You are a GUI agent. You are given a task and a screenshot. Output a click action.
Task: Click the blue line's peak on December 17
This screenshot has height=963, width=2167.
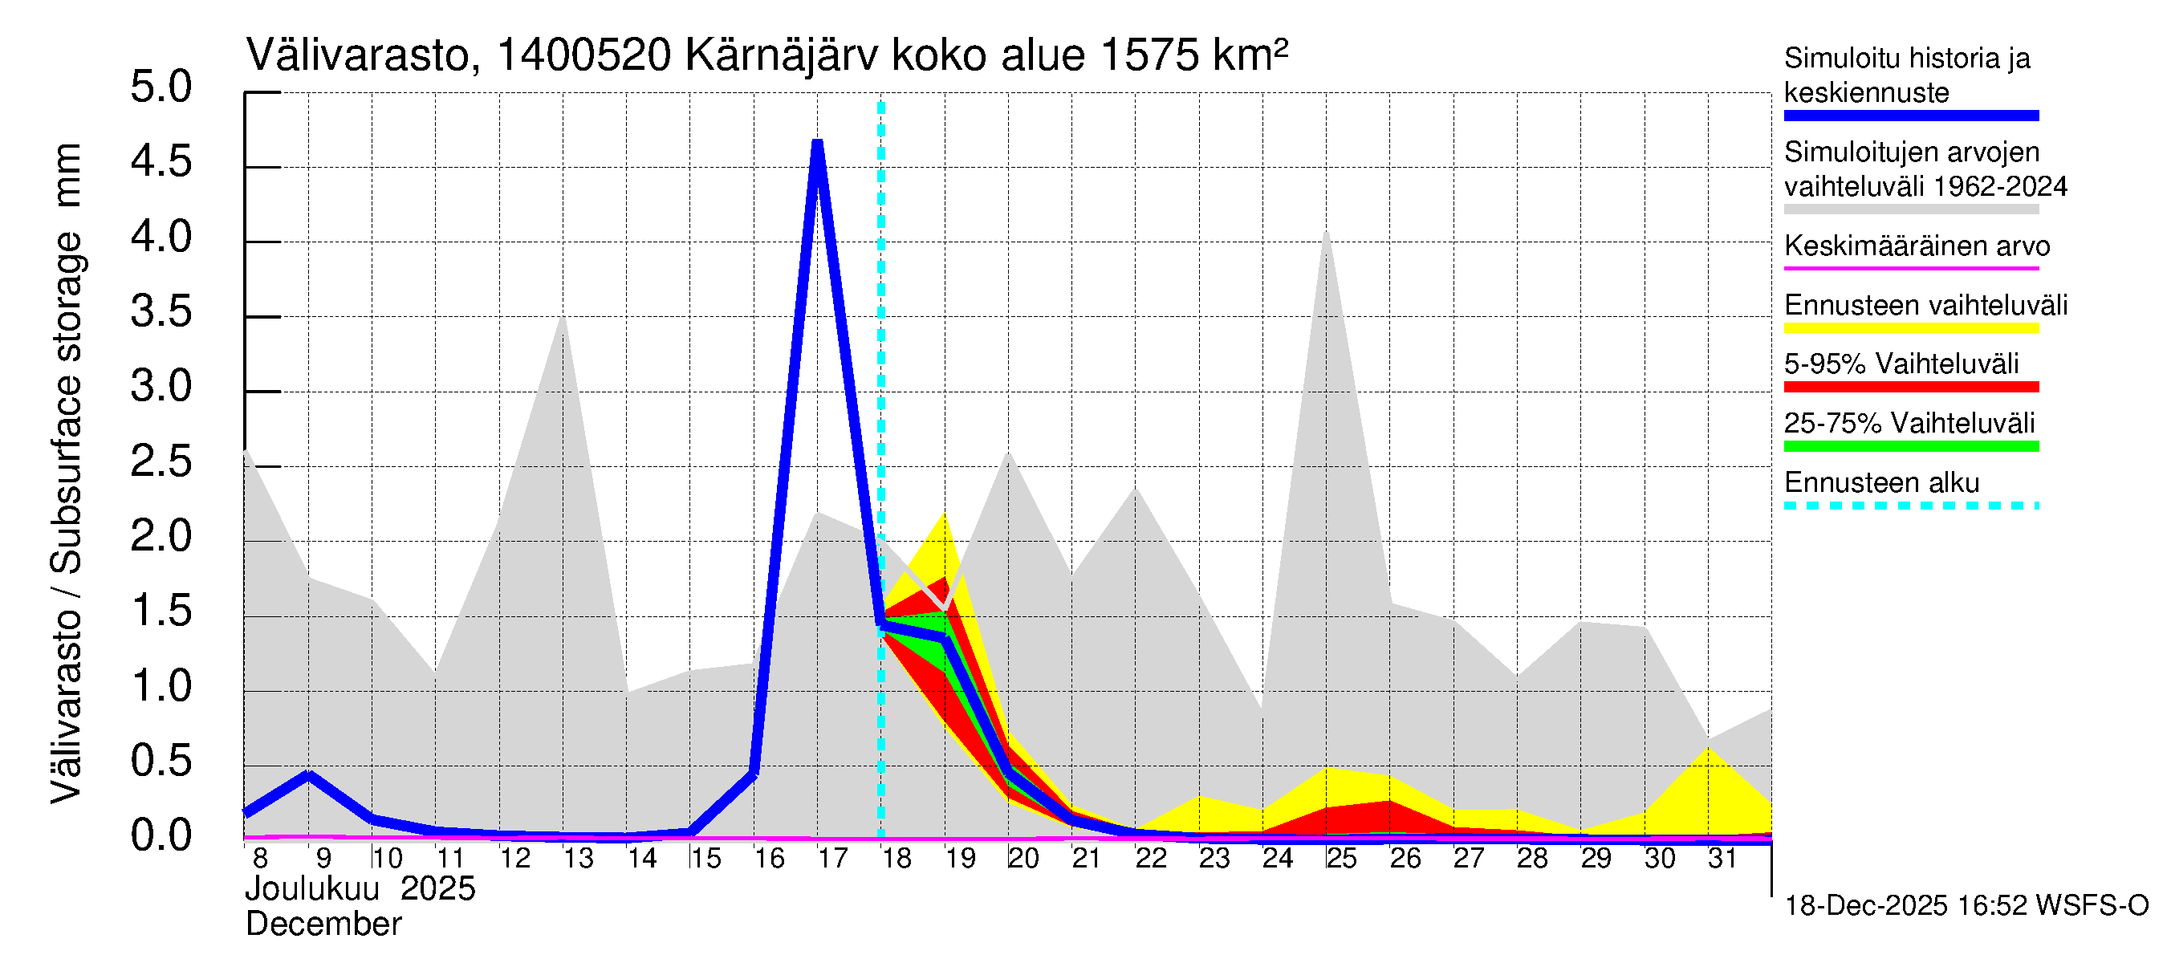pyautogui.click(x=817, y=144)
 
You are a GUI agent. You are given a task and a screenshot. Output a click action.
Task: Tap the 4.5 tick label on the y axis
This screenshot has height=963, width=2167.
pyautogui.click(x=161, y=161)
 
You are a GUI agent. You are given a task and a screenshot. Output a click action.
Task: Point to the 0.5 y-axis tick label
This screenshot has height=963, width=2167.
pyautogui.click(x=161, y=761)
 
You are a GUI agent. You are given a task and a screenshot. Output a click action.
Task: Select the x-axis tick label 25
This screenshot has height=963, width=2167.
pyautogui.click(x=1341, y=859)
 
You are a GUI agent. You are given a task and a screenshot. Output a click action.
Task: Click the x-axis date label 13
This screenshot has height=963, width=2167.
pyautogui.click(x=578, y=859)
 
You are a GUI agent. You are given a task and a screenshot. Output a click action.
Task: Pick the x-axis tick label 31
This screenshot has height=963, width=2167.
pyautogui.click(x=1722, y=859)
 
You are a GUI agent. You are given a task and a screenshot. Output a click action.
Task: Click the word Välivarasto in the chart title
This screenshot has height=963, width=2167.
pyautogui.click(x=356, y=56)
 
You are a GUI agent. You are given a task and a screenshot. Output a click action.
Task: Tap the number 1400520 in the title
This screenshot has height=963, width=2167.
pyautogui.click(x=583, y=56)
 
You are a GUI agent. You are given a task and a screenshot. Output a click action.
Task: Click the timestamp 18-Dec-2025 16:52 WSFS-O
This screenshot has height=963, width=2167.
pyautogui.click(x=1966, y=906)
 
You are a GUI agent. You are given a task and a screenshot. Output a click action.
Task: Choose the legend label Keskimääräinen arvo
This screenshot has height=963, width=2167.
pyautogui.click(x=1917, y=246)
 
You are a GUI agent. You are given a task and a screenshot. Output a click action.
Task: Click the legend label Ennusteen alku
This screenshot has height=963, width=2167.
pyautogui.click(x=1882, y=484)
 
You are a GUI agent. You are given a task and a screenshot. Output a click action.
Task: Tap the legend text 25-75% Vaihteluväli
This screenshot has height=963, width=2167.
pyautogui.click(x=1909, y=424)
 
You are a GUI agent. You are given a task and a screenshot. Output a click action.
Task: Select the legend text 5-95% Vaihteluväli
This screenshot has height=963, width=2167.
pyautogui.click(x=1901, y=364)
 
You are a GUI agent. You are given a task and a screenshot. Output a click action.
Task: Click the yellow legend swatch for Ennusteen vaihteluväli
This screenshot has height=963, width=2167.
pyautogui.click(x=1911, y=328)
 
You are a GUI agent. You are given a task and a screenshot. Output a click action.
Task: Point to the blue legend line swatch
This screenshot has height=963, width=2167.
pyautogui.click(x=1911, y=116)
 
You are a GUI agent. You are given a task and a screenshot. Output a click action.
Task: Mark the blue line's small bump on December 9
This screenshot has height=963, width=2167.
pyautogui.click(x=309, y=774)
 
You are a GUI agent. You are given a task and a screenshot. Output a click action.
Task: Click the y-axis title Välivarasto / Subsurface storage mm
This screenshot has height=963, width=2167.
pyautogui.click(x=67, y=473)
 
